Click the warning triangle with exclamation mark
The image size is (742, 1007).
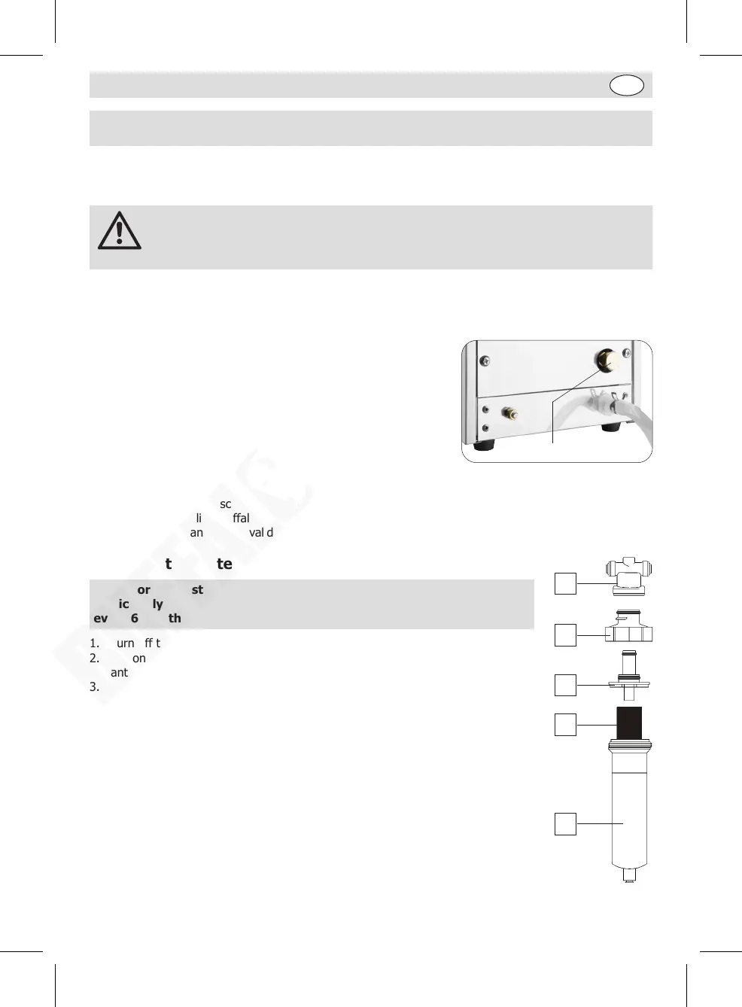tap(119, 231)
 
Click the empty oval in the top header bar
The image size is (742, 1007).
tap(626, 86)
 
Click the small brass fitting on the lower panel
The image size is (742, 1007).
tap(509, 413)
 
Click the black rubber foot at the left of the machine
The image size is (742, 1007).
tap(484, 444)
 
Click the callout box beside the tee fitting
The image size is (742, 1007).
tap(565, 583)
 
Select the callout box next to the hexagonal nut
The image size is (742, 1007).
tap(565, 635)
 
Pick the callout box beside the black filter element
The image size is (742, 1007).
tap(565, 724)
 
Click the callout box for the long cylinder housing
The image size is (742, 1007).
tap(565, 823)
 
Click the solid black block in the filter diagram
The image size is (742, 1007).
tap(629, 723)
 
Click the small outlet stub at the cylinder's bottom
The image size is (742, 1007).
tap(629, 875)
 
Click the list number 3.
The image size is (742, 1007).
tap(94, 686)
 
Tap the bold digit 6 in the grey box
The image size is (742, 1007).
tap(135, 618)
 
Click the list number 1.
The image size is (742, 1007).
tap(94, 643)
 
